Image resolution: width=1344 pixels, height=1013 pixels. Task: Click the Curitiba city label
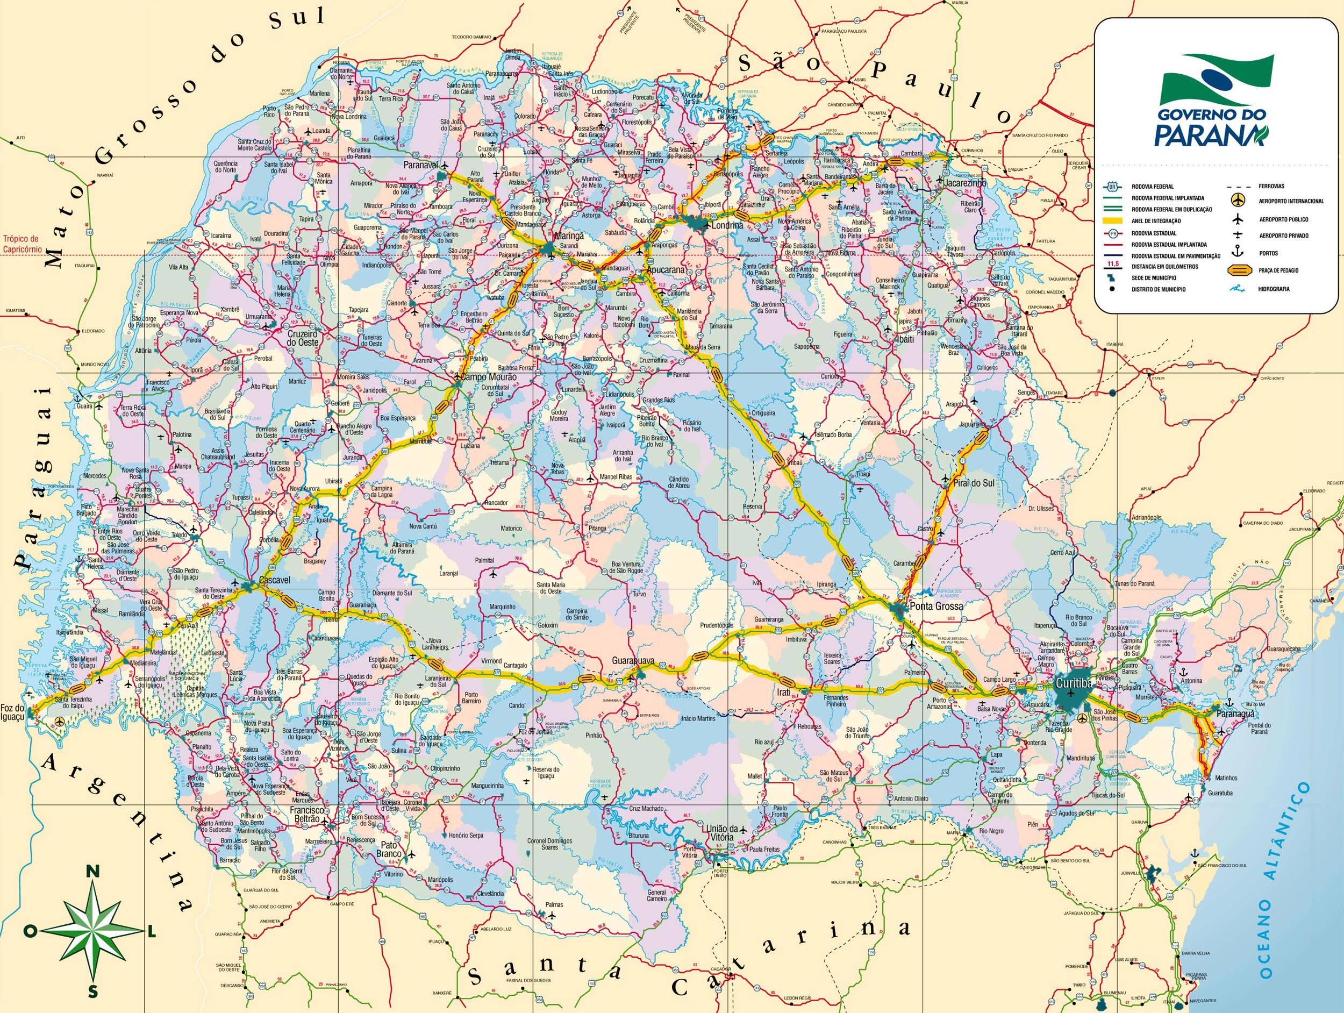click(x=1074, y=683)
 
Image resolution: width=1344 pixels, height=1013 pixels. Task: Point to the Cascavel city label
click(x=275, y=580)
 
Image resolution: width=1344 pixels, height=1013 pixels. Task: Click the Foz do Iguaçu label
click(x=13, y=711)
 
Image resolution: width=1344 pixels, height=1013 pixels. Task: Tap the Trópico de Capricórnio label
click(x=20, y=244)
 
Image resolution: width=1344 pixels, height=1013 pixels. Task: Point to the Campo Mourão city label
click(x=489, y=377)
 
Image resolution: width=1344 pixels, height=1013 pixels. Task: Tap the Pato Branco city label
click(x=389, y=849)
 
